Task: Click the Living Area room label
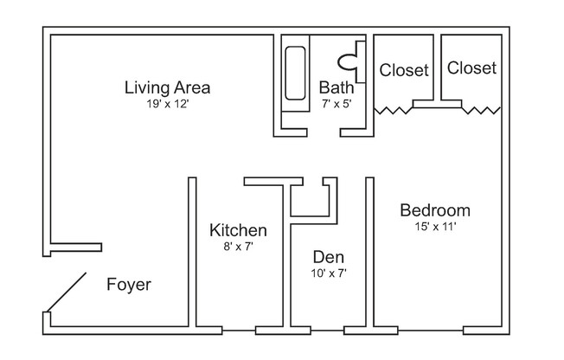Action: click(x=168, y=87)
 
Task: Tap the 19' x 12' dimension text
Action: click(x=168, y=105)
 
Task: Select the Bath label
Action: click(x=335, y=87)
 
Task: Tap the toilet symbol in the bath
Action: click(x=349, y=61)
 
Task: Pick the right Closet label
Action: click(x=471, y=67)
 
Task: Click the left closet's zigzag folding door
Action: click(x=393, y=111)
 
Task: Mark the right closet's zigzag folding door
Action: click(x=481, y=110)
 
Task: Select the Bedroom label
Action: click(x=435, y=210)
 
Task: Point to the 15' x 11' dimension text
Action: click(x=435, y=228)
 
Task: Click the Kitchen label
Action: click(x=238, y=230)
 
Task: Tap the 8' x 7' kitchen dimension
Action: click(x=238, y=247)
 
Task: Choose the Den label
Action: click(x=330, y=257)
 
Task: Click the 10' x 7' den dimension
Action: click(x=330, y=273)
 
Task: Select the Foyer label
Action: click(x=129, y=285)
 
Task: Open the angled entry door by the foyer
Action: click(x=67, y=292)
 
